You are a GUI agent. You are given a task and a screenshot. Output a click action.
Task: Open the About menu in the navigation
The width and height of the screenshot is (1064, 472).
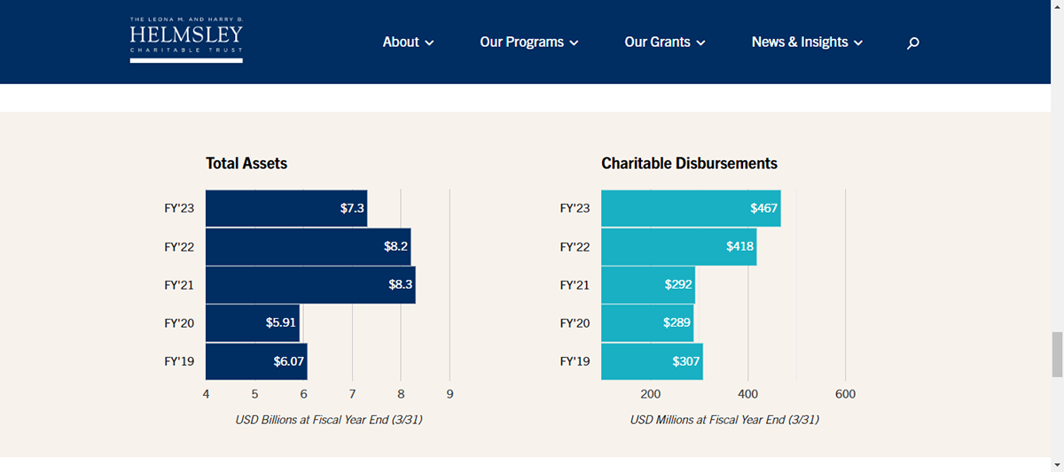pyautogui.click(x=408, y=42)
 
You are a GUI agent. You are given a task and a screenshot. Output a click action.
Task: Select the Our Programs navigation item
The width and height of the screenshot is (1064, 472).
pyautogui.click(x=528, y=42)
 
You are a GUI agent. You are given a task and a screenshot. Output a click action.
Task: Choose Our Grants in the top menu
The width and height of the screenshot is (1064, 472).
pyautogui.click(x=664, y=42)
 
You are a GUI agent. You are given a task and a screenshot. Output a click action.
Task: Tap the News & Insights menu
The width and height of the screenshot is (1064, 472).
pyautogui.click(x=807, y=42)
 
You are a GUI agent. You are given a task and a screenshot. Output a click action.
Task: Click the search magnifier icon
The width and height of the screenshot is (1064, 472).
pyautogui.click(x=913, y=43)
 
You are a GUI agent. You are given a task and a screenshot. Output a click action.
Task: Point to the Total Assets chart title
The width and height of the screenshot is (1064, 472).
pyautogui.click(x=246, y=163)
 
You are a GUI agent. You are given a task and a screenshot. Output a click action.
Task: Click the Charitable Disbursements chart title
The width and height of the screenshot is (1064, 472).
pyautogui.click(x=689, y=163)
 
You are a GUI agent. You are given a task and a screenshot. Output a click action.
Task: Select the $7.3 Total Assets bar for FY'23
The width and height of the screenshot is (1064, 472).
pyautogui.click(x=286, y=208)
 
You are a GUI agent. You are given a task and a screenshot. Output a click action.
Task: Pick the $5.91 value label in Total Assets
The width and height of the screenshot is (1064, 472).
pyautogui.click(x=280, y=323)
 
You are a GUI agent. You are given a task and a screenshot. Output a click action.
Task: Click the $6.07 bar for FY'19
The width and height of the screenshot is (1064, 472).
pyautogui.click(x=256, y=361)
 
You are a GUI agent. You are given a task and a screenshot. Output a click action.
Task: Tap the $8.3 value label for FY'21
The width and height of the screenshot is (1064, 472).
pyautogui.click(x=401, y=285)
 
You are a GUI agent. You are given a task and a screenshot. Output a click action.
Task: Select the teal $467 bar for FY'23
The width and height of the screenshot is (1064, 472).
pyautogui.click(x=690, y=208)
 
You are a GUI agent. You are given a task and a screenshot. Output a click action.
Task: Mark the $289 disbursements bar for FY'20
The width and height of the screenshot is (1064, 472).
pyautogui.click(x=646, y=323)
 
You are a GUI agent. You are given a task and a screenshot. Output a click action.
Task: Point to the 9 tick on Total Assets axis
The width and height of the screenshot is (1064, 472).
pyautogui.click(x=450, y=394)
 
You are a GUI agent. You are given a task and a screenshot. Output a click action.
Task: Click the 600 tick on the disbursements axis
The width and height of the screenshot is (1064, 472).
pyautogui.click(x=845, y=394)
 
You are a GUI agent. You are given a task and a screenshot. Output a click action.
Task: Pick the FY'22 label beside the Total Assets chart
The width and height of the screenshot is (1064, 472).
pyautogui.click(x=179, y=247)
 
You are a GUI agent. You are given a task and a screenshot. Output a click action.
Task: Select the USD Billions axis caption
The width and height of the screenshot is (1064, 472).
pyautogui.click(x=328, y=420)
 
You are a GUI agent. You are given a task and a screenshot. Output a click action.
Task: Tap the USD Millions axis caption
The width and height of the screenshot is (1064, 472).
pyautogui.click(x=724, y=420)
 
